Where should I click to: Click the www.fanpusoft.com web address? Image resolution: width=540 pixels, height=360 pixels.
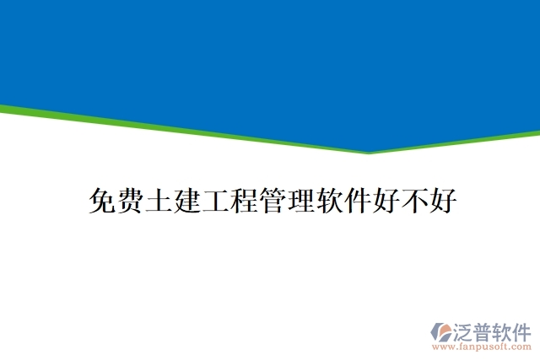tap(481, 346)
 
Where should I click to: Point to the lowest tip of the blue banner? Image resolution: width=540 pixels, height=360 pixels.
tap(369, 152)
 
